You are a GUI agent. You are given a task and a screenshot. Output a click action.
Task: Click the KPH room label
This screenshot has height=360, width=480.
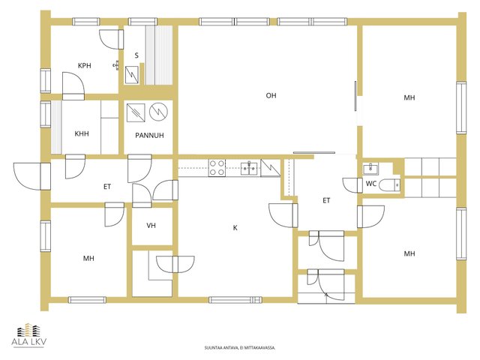pyautogui.click(x=85, y=65)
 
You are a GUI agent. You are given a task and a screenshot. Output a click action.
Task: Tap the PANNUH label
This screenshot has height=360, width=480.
pyautogui.click(x=149, y=135)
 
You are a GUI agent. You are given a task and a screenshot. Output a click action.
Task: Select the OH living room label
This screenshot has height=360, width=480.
pyautogui.click(x=271, y=96)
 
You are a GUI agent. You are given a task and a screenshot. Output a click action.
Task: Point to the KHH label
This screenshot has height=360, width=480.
pyautogui.click(x=82, y=133)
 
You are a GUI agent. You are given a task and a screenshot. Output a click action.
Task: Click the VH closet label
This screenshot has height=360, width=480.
pyautogui.click(x=151, y=226)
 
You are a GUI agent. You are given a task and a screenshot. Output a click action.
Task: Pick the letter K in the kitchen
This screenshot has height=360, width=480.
pyautogui.click(x=235, y=228)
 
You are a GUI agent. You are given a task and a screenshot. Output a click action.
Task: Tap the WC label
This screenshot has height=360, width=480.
pyautogui.click(x=371, y=184)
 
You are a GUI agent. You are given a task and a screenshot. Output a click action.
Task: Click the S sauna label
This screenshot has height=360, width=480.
pyautogui.click(x=136, y=55)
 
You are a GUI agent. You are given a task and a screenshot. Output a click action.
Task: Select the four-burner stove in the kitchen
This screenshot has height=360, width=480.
pyautogui.click(x=217, y=168)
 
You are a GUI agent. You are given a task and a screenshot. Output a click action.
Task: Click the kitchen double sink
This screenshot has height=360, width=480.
pyautogui.click(x=249, y=168)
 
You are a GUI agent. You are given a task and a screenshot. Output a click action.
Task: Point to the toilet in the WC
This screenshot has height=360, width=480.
pyautogui.click(x=389, y=185)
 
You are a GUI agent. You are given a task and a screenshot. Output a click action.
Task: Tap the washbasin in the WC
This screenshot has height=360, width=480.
pyautogui.click(x=370, y=169)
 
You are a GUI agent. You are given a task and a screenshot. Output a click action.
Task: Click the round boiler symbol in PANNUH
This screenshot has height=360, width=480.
pyautogui.click(x=158, y=112)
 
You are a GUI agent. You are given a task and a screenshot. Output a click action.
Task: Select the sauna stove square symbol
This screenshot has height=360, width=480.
pyautogui.click(x=132, y=75)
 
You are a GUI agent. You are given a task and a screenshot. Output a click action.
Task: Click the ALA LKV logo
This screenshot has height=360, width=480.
pyautogui.click(x=28, y=335)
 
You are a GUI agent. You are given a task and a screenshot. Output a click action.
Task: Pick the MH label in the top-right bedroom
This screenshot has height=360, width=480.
pyautogui.click(x=409, y=98)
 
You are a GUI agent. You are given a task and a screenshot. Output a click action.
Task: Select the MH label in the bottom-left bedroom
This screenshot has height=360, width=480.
pyautogui.click(x=88, y=259)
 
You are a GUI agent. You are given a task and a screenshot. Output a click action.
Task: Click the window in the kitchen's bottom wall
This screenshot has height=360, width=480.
pyautogui.click(x=235, y=300)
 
